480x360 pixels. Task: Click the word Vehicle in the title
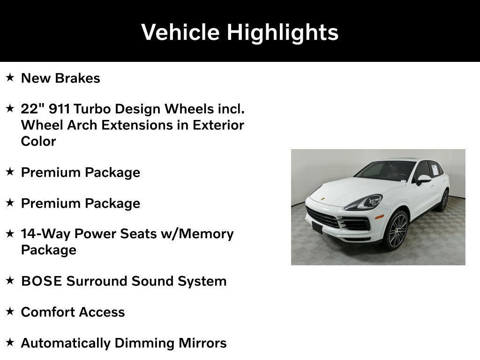[180, 32]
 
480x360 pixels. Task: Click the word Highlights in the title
[283, 32]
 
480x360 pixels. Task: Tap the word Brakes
[80, 78]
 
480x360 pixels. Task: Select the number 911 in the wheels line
[59, 109]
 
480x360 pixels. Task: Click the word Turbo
[93, 109]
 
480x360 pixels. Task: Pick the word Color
[38, 141]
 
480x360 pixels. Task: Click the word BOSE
[42, 281]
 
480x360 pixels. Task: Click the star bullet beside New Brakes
[10, 78]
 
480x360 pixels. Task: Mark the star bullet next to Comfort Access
[10, 312]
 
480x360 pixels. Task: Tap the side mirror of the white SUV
[423, 179]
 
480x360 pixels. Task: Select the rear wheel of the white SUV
[444, 200]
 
